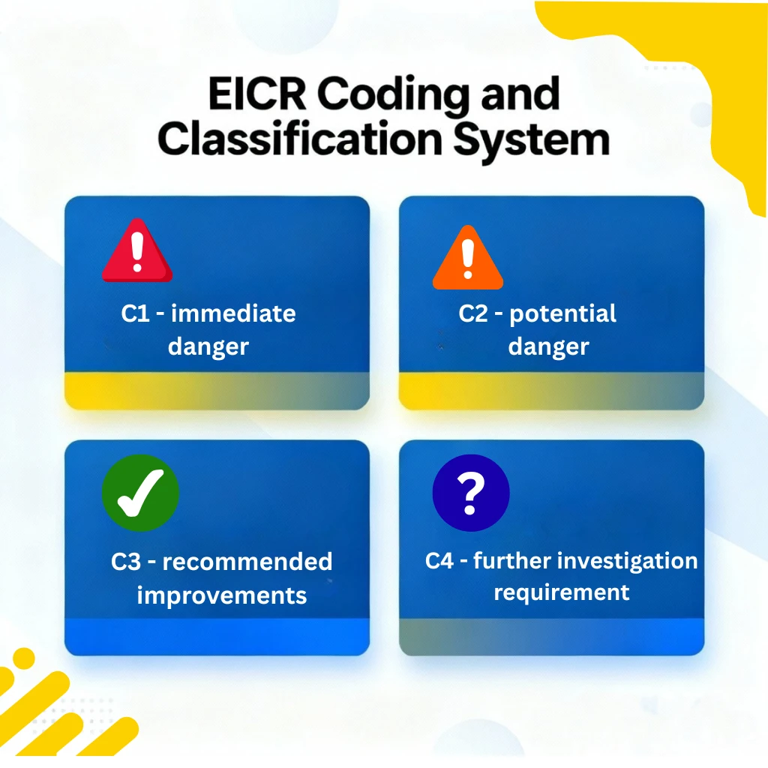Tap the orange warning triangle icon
468,259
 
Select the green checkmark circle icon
140,493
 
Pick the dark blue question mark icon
471,493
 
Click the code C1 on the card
136,313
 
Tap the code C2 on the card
473,313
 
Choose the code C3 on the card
126,562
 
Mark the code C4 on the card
439,561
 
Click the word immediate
233,313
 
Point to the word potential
563,313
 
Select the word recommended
247,562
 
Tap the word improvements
222,595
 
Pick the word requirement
562,592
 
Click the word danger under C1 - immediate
208,347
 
